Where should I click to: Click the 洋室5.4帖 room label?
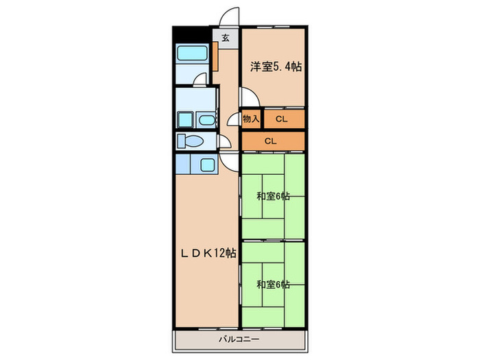(x=275, y=67)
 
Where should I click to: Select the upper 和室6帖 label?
(x=273, y=196)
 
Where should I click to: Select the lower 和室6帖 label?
(x=273, y=284)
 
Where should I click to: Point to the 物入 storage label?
(x=251, y=119)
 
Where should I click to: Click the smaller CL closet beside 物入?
(x=281, y=119)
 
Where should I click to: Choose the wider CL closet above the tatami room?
(x=271, y=141)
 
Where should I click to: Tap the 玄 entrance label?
(x=225, y=38)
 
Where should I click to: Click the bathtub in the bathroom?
(x=192, y=55)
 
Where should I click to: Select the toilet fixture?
(x=187, y=141)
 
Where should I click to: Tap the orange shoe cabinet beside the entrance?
(x=215, y=57)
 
